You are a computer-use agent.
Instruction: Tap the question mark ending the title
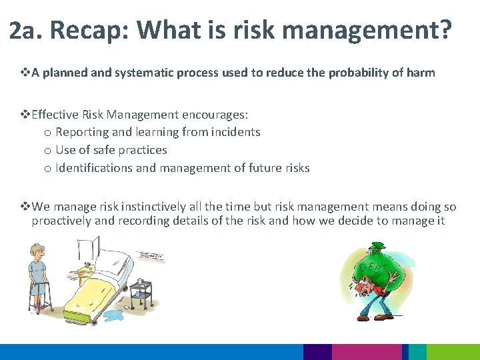click(445, 30)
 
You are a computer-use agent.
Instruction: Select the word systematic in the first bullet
click(143, 73)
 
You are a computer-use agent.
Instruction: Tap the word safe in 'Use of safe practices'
click(108, 150)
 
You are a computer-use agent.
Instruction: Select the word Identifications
click(94, 168)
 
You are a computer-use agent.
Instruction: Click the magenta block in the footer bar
click(367, 352)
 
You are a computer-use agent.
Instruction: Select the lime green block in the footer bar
click(453, 352)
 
